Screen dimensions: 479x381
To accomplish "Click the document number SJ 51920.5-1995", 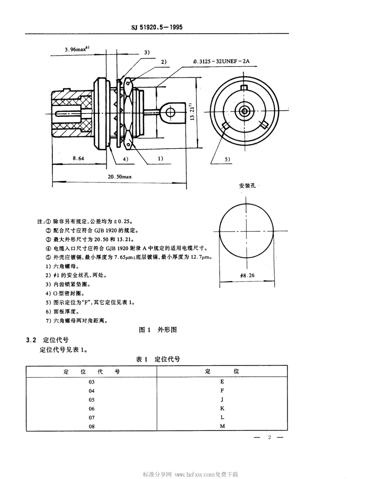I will click(x=157, y=28).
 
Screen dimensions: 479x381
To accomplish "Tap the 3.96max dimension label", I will click(x=77, y=50).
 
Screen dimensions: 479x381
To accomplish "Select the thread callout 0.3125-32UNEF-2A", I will click(x=221, y=61).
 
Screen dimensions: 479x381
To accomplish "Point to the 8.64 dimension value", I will click(x=78, y=158).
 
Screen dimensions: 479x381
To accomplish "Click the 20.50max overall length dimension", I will click(x=119, y=176).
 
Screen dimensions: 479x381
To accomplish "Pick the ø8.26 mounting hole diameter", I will click(x=247, y=275).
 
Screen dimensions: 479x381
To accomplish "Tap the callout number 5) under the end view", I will click(x=228, y=159).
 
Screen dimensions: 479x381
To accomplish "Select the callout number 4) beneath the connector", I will click(x=126, y=159).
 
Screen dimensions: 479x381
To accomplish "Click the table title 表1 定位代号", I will click(x=158, y=359).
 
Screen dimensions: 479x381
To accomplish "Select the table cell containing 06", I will click(x=92, y=408).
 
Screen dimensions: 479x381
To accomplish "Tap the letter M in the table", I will click(x=222, y=426).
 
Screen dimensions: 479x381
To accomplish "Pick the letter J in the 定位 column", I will click(x=222, y=400).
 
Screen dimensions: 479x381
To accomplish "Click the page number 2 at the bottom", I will click(x=270, y=437).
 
